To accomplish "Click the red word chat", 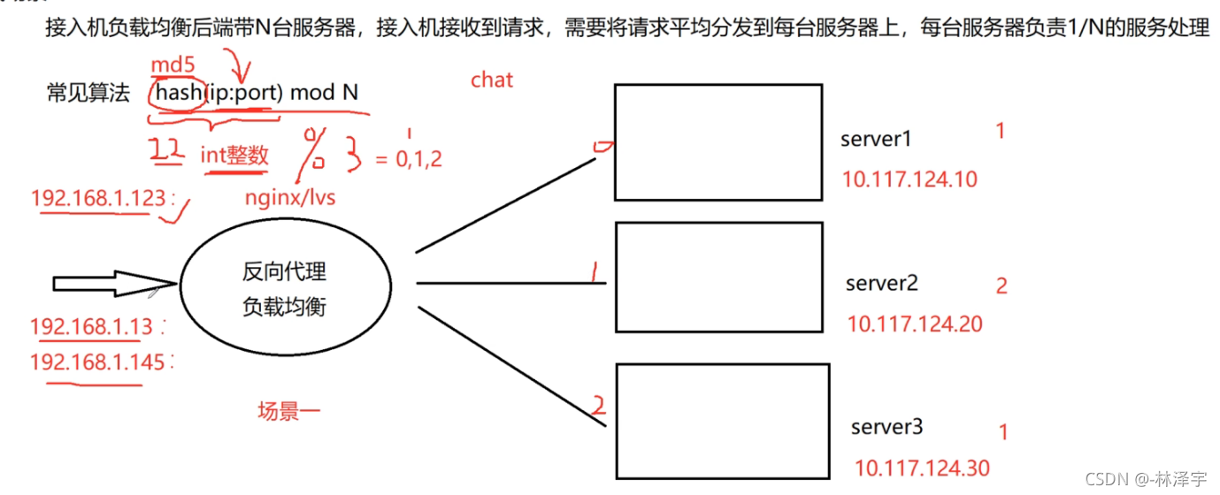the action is point(492,80).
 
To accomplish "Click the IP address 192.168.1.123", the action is point(98,198).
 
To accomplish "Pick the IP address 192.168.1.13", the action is point(92,327).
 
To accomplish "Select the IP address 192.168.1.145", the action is point(97,362).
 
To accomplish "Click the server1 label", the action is point(876,139).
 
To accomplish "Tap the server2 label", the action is point(881,284).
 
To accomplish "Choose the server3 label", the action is point(886,428).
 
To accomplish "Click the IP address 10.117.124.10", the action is point(909,179).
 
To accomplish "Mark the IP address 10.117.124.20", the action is point(915,324).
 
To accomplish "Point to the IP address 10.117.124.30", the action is point(922,468).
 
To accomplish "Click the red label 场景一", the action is point(288,410).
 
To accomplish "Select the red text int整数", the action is point(234,156).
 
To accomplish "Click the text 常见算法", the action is point(88,93).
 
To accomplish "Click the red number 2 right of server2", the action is point(1001,286).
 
